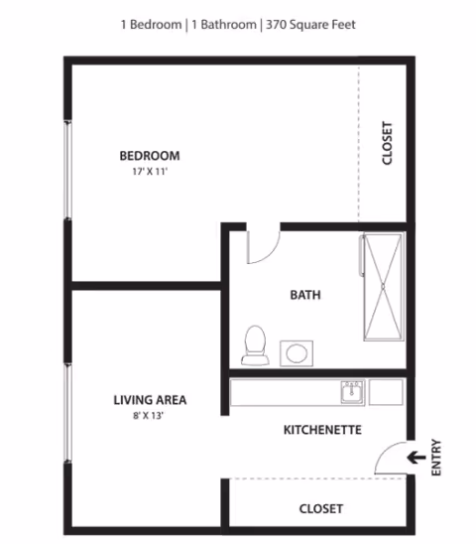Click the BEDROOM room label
point(150,156)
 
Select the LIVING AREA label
point(150,401)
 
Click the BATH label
point(304,295)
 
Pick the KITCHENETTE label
point(322,430)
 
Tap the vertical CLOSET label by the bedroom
point(388,144)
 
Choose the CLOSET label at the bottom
point(321,508)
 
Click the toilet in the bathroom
point(255,343)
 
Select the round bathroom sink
point(296,351)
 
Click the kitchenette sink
point(351,392)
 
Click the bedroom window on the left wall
point(68,169)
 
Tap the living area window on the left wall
point(68,412)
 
